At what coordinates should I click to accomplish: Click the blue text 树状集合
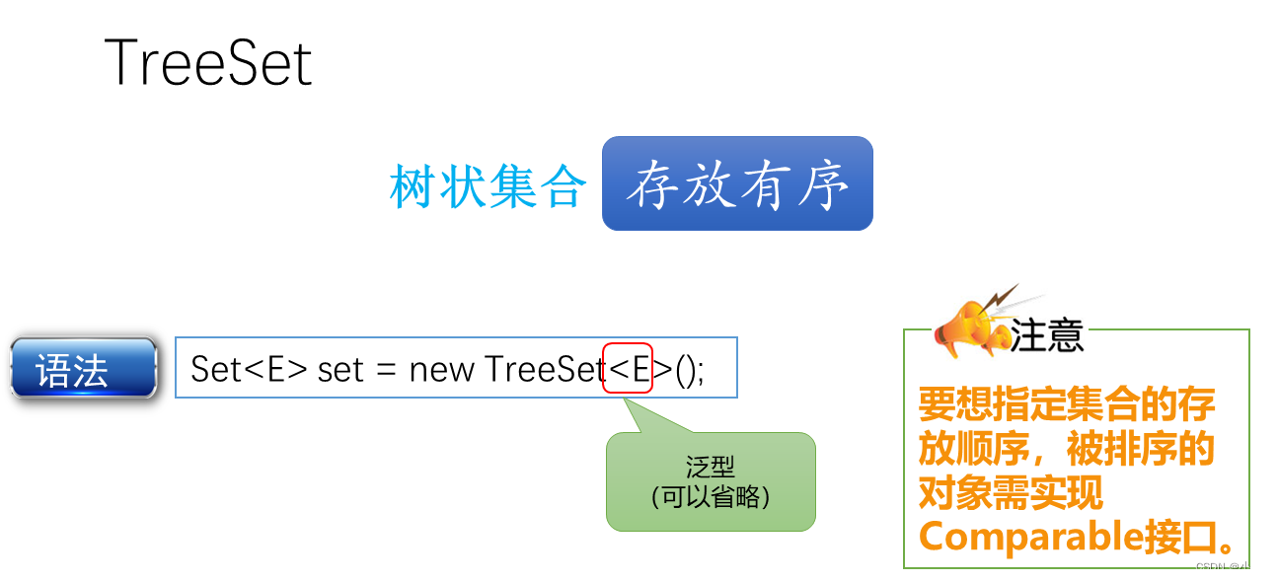tap(488, 185)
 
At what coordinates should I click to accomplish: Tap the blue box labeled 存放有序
tap(737, 184)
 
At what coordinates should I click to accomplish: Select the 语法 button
tap(83, 368)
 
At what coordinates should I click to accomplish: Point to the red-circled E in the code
tap(629, 369)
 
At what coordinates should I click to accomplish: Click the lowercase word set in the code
tap(340, 369)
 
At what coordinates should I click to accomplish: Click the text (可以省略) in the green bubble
tap(711, 496)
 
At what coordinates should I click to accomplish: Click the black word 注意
tap(1047, 335)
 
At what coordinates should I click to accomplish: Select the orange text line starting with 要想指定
tap(1066, 403)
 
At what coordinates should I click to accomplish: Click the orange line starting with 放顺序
tap(1066, 448)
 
